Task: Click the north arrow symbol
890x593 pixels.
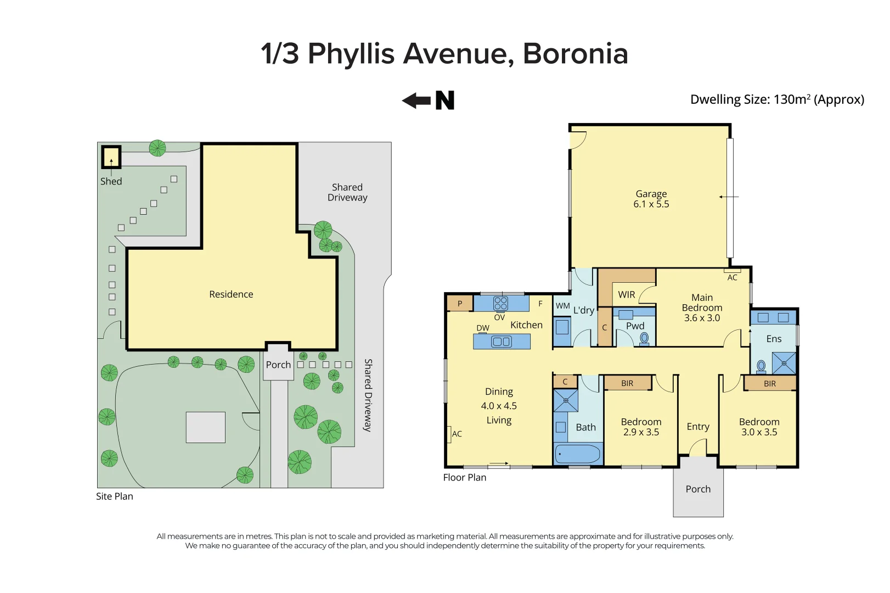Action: click(x=428, y=100)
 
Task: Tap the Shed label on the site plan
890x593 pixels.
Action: click(x=111, y=181)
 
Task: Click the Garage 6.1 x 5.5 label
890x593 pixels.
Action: click(x=651, y=199)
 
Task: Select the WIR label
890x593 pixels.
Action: click(x=626, y=295)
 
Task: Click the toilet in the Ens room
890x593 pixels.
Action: click(x=761, y=366)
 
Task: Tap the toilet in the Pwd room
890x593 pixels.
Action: click(x=644, y=338)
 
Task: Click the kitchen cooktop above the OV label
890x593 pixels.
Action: click(x=500, y=303)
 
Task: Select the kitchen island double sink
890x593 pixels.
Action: click(x=502, y=342)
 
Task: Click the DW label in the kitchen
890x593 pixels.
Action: click(x=483, y=328)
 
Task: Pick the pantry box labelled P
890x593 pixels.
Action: click(x=460, y=304)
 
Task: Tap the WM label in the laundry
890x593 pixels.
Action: click(x=562, y=306)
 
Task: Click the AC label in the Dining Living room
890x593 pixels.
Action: click(x=457, y=434)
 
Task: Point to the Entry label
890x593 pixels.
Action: click(x=698, y=427)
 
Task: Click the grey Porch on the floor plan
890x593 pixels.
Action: click(x=698, y=489)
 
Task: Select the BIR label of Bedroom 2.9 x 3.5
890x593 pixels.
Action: click(x=627, y=383)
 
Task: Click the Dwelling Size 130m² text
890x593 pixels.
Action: click(x=777, y=99)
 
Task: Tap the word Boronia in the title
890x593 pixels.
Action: click(x=575, y=54)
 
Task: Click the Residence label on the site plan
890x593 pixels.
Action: click(x=231, y=294)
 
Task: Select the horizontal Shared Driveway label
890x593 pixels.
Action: click(x=347, y=192)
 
